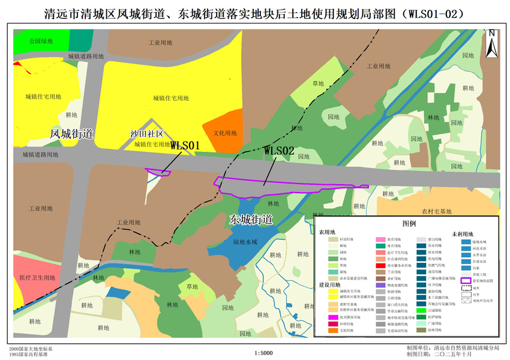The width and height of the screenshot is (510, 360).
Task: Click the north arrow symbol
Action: pos(491,44)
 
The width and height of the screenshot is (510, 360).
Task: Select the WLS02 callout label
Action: pos(279,151)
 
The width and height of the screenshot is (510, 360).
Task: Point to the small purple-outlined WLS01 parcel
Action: pos(159,173)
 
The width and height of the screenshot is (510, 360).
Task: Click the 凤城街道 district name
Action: pos(71,134)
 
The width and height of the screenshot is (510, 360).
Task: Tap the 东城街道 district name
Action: pos(251,220)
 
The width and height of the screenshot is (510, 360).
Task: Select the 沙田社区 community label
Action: pos(147,134)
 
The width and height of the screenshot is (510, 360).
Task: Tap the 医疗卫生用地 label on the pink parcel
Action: pos(37,278)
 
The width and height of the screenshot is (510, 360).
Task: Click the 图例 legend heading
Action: pos(409,223)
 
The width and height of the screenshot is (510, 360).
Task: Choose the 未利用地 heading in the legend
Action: pos(462,234)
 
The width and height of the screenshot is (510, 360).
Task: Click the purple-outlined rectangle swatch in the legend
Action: pos(465,280)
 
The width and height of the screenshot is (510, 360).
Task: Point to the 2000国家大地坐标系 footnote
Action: pos(31,349)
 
